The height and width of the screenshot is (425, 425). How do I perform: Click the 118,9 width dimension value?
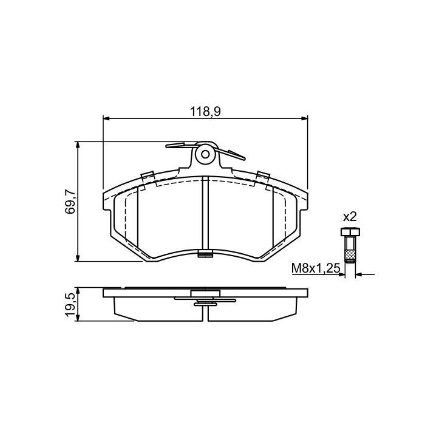tap(205, 111)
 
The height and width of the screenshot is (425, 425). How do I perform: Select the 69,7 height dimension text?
tap(70, 202)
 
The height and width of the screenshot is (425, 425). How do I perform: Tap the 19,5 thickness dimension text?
tap(70, 304)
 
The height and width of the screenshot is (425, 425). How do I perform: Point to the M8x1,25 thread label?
tap(316, 268)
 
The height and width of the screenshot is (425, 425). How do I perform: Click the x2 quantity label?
tap(350, 217)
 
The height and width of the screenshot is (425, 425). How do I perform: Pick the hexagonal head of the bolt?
tap(350, 232)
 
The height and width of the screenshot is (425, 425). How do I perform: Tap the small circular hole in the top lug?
tap(205, 154)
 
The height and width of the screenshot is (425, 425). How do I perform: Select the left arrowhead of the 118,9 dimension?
tap(106, 118)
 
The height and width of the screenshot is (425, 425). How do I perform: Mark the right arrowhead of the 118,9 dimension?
tap(305, 118)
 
